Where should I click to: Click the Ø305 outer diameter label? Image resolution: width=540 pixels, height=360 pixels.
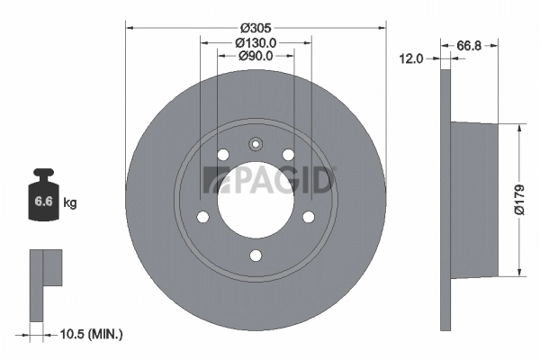(x=256, y=25)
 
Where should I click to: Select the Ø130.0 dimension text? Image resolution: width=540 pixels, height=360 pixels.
(x=256, y=41)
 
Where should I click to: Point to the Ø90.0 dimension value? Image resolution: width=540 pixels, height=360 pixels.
(x=256, y=57)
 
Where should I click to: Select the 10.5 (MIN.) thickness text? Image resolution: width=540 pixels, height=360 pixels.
(x=87, y=334)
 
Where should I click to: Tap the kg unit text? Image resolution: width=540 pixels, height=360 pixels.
(x=69, y=202)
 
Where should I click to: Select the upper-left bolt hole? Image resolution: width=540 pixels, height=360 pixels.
(x=223, y=155)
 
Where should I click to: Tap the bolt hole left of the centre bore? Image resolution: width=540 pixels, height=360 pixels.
(x=202, y=216)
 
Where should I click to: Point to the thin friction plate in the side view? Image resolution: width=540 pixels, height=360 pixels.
(x=445, y=200)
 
